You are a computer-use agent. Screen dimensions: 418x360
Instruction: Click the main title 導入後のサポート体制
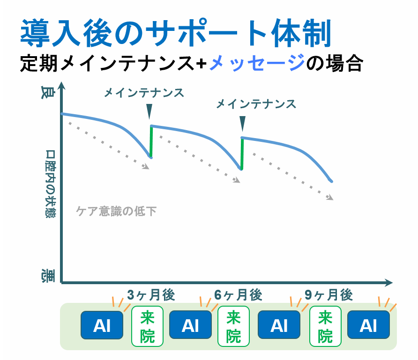(x=176, y=33)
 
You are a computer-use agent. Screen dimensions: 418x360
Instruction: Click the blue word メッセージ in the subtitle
(x=257, y=63)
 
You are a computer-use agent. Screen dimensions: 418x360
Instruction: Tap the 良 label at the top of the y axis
(x=48, y=92)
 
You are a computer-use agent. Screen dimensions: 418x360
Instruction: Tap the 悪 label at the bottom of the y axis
(x=48, y=276)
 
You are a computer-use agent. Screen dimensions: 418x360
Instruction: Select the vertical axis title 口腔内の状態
(x=50, y=184)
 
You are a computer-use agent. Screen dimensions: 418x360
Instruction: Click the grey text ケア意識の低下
(x=116, y=211)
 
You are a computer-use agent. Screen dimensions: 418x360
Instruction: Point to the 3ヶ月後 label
(x=151, y=295)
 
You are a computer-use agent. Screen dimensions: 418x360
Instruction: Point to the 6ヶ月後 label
(x=238, y=295)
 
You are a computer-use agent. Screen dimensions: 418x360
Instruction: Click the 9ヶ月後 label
(x=328, y=295)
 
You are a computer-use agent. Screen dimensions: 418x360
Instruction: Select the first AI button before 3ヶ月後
(x=102, y=325)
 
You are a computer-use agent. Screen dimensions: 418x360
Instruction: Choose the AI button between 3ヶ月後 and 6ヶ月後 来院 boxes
(x=190, y=325)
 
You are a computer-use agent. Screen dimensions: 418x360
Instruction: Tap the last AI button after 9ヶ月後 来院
(x=368, y=325)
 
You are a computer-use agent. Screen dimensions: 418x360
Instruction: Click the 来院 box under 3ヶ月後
(x=148, y=326)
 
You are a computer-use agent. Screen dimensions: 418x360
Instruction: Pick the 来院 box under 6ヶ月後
(x=233, y=326)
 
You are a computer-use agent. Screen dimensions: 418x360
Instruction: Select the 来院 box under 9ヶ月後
(x=325, y=326)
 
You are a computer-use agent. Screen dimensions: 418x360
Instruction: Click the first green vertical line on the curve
(x=151, y=141)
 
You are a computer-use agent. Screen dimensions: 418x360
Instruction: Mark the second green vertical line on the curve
(x=242, y=154)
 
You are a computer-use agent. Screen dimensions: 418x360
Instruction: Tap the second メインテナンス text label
(x=256, y=104)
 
